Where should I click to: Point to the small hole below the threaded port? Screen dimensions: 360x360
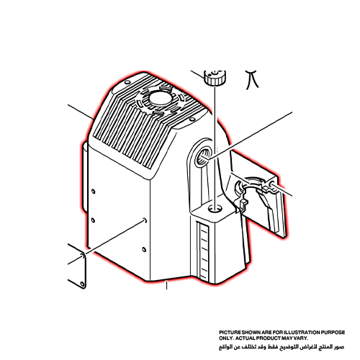coord(212,208)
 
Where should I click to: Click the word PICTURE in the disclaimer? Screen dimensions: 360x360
coord(230,332)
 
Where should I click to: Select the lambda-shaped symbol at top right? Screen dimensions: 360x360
coord(251,78)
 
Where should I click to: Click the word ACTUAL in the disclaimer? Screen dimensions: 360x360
coord(250,337)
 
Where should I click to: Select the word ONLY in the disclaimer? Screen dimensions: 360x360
coord(227,337)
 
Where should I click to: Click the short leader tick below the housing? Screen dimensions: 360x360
coord(167,284)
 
